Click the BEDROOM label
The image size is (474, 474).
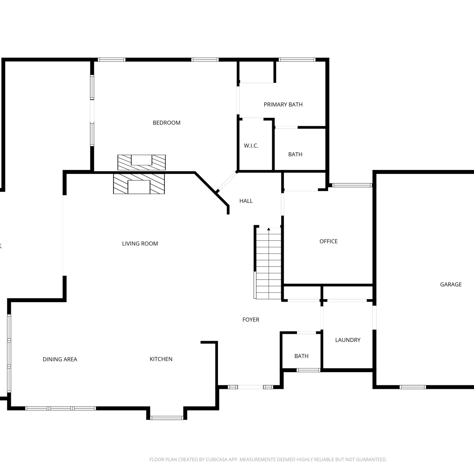coord(167,123)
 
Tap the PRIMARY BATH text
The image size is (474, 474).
coord(283,104)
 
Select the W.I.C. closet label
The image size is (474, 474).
coord(251,146)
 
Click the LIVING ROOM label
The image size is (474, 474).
coord(140,244)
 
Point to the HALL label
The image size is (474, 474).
coord(246,201)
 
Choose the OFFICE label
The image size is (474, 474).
coord(329,241)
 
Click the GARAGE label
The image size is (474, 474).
coord(451,284)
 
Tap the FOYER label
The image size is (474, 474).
coord(251,320)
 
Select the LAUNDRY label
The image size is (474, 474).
coord(348,340)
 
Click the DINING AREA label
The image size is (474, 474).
coord(60,359)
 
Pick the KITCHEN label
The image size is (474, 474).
coord(161,359)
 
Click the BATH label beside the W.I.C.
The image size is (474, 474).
coord(295,155)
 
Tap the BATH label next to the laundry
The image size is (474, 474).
coord(301,356)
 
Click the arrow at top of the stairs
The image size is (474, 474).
coord(269,229)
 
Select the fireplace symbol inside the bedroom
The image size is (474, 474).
coord(142,162)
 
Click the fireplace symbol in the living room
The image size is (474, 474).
coord(139,183)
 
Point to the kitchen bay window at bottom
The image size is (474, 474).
coord(167,418)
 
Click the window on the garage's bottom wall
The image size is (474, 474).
coord(413,387)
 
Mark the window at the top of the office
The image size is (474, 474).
coord(352,185)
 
